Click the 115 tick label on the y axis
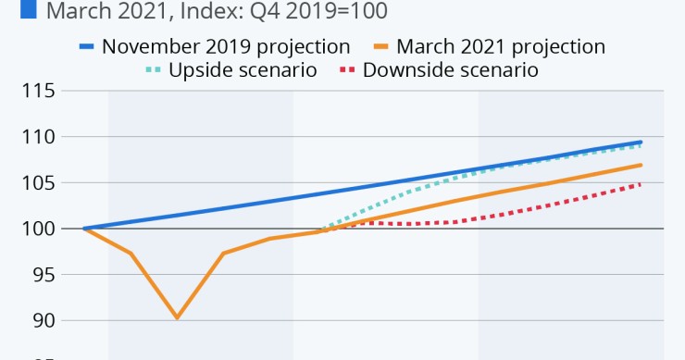(38, 92)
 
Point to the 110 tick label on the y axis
(38, 137)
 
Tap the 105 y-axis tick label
(38, 183)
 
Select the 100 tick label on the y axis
(38, 229)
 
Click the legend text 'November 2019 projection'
(227, 46)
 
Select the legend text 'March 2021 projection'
(501, 46)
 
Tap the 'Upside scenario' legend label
(243, 70)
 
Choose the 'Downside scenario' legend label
(451, 70)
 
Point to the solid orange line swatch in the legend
(379, 46)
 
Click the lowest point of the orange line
(177, 317)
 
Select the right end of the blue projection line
(641, 142)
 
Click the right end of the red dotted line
(641, 184)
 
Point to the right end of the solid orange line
(641, 165)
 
